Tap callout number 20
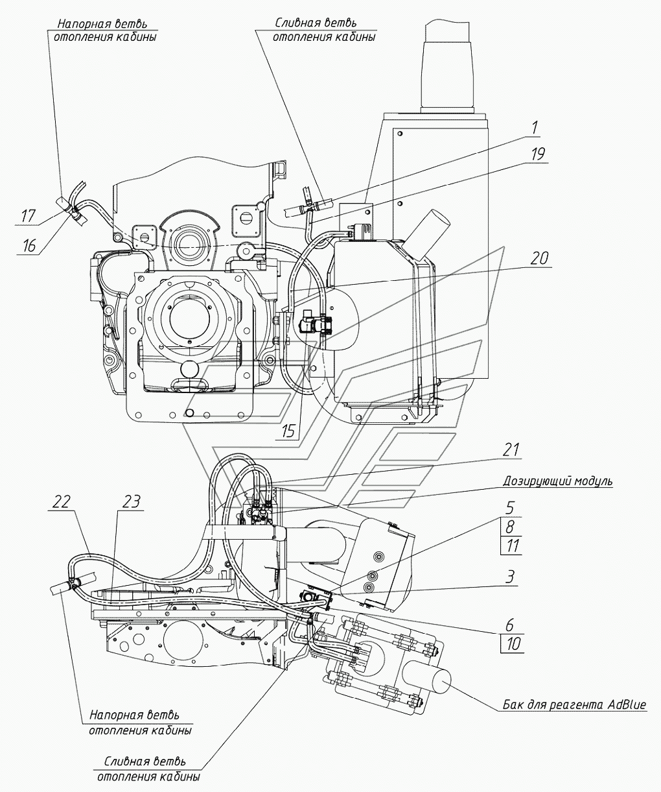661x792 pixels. click(539, 259)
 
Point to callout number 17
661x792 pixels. click(29, 217)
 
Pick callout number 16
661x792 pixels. click(29, 246)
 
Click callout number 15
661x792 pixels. click(288, 432)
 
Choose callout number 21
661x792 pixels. click(511, 450)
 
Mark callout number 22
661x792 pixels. click(62, 502)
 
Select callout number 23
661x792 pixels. click(131, 502)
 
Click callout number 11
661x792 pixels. click(511, 546)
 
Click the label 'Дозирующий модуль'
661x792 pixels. click(557, 481)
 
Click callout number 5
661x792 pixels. click(511, 507)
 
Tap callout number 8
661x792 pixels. click(510, 527)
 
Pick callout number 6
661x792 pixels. click(510, 624)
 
